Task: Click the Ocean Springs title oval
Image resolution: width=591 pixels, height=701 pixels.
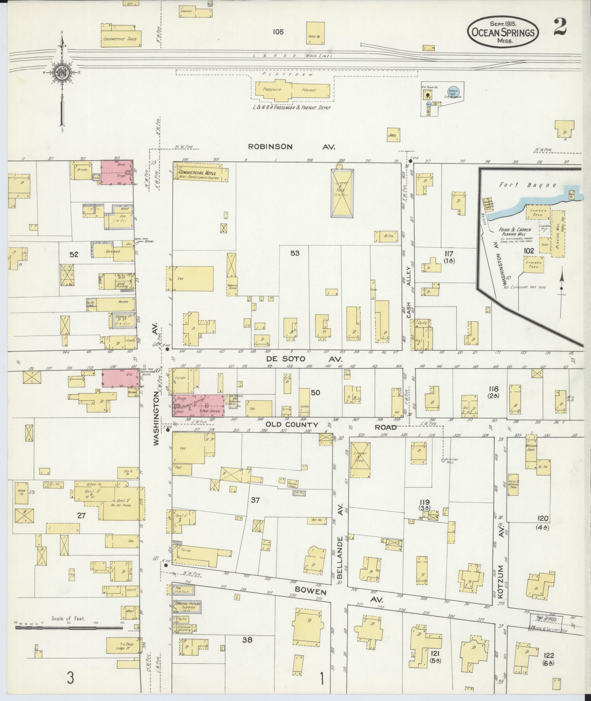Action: click(503, 32)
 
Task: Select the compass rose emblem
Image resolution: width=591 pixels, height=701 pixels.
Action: click(62, 73)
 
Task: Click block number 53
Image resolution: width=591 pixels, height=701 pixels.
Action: click(295, 253)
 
